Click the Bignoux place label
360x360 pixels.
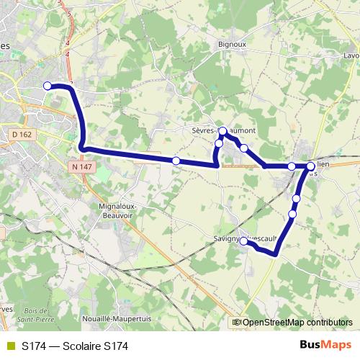click(x=233, y=44)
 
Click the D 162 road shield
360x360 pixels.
click(x=42, y=134)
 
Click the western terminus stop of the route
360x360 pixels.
click(x=48, y=86)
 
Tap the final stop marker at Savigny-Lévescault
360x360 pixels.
click(x=244, y=242)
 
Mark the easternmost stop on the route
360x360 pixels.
click(x=311, y=166)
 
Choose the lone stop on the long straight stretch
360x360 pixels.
click(x=176, y=160)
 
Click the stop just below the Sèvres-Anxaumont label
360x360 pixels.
click(x=222, y=131)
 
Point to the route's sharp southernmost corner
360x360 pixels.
click(x=275, y=253)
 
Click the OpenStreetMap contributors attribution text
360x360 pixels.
click(x=297, y=323)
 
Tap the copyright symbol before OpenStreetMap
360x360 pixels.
click(x=237, y=323)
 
